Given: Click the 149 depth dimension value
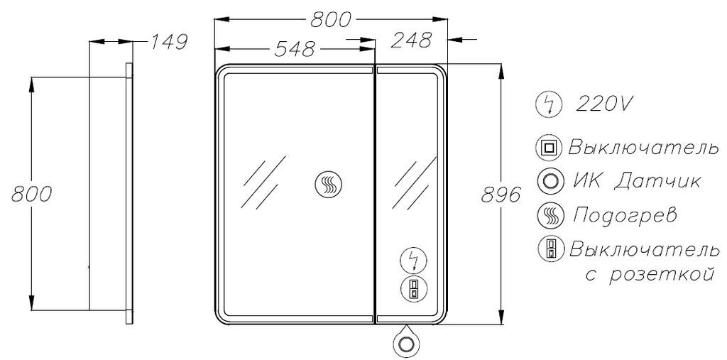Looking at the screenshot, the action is [x=168, y=42].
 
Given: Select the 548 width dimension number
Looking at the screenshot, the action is [x=295, y=49].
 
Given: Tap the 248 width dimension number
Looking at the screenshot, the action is [x=411, y=40].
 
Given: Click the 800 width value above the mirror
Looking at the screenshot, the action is [x=331, y=19].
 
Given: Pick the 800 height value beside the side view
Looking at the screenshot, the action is [x=31, y=194].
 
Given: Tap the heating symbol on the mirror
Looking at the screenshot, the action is [x=328, y=184].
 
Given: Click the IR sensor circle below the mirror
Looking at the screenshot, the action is [x=406, y=344].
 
